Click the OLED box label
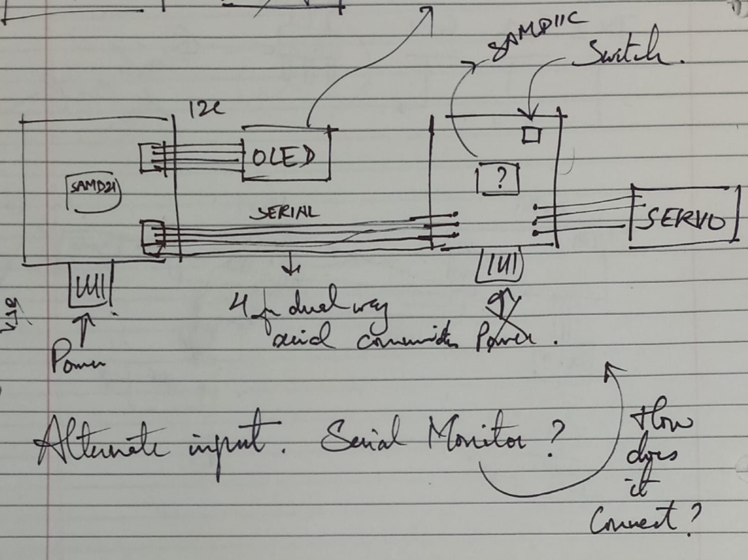click(x=283, y=157)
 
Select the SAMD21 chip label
click(x=94, y=189)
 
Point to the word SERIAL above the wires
click(x=285, y=213)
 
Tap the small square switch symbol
click(x=532, y=135)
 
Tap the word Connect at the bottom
click(x=634, y=520)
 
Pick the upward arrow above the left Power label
click(x=87, y=327)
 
